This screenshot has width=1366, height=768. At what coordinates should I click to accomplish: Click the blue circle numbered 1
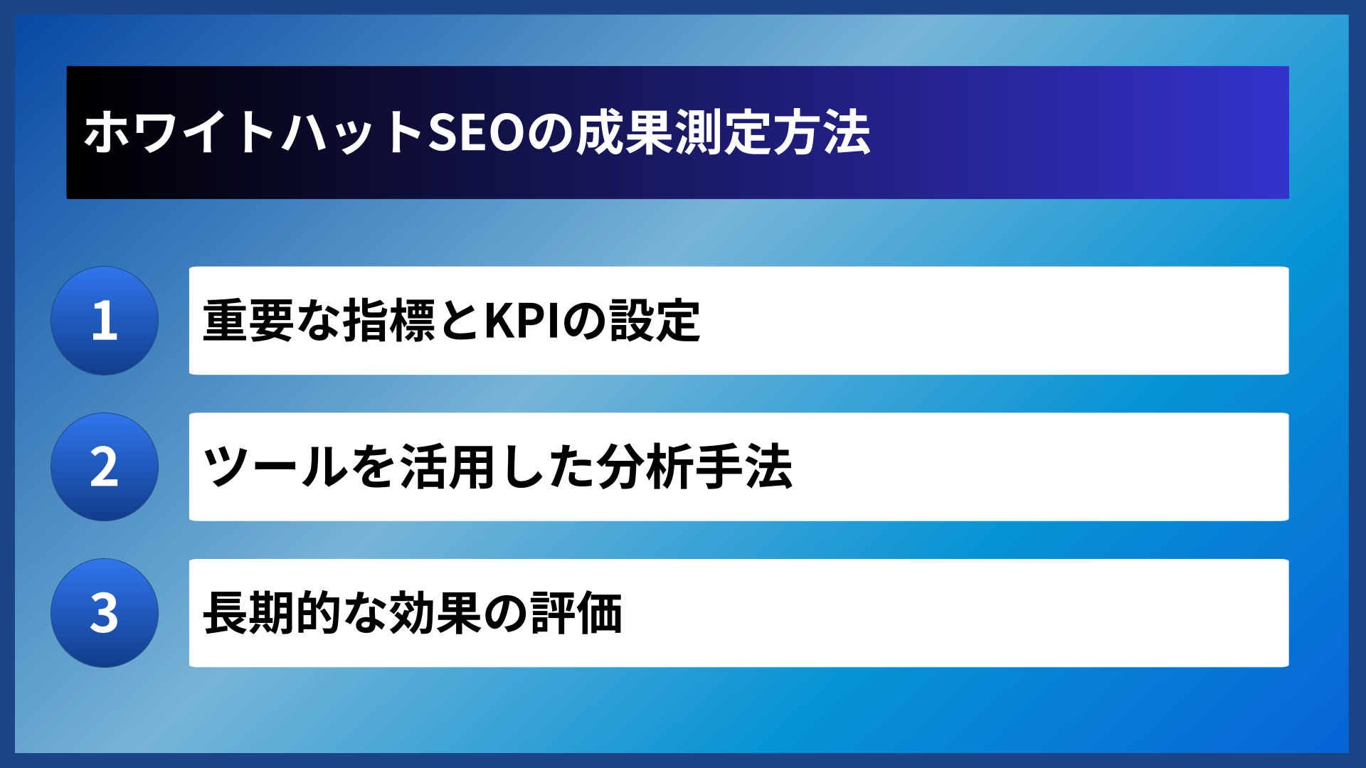pos(105,321)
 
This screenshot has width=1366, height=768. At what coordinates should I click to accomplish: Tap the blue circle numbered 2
pos(105,467)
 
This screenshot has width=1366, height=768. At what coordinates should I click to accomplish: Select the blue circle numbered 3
pos(105,613)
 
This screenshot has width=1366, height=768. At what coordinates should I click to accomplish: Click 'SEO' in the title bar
pos(476,133)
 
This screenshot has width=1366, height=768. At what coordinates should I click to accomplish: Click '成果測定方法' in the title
pos(723,133)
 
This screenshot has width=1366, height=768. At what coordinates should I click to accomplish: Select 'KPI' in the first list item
pos(524,321)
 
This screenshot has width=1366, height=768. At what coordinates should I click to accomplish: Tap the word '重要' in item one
pos(248,321)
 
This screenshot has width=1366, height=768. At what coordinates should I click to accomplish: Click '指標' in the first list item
pos(388,321)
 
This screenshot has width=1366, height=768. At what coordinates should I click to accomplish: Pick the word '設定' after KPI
pos(655,321)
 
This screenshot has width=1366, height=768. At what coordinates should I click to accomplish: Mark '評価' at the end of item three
pos(576,613)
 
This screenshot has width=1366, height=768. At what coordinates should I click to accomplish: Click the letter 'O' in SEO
pos(504,133)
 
